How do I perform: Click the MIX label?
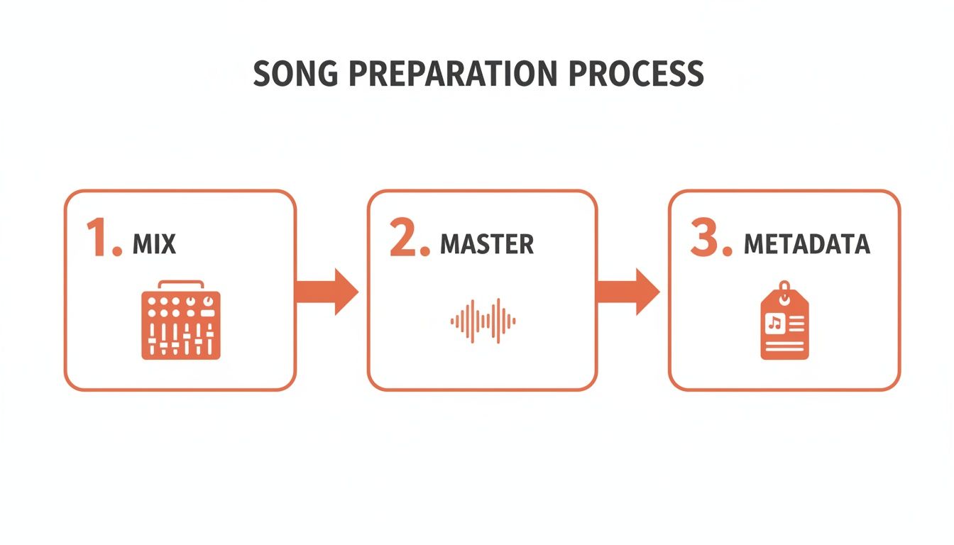pyautogui.click(x=154, y=244)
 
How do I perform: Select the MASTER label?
pyautogui.click(x=487, y=244)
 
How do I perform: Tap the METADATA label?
pyautogui.click(x=806, y=244)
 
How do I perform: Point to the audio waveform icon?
pyautogui.click(x=483, y=321)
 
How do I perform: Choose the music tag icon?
pyautogui.click(x=784, y=323)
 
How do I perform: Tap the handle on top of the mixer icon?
pyautogui.click(x=180, y=285)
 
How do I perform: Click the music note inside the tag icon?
pyautogui.click(x=774, y=323)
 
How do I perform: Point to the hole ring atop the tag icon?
pyautogui.click(x=784, y=287)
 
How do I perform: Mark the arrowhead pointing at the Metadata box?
pyautogui.click(x=647, y=292)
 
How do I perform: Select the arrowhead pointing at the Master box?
pyautogui.click(x=346, y=292)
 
